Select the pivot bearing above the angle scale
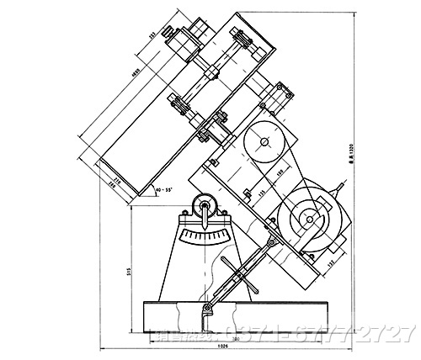click(x=203, y=206)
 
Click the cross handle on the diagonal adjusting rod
click(x=235, y=273)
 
